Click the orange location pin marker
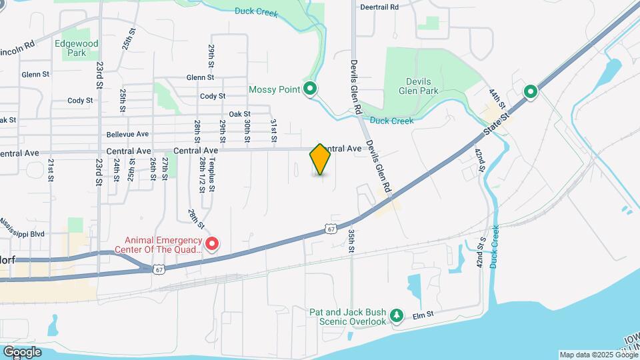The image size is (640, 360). (x=320, y=159)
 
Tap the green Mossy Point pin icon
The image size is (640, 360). (x=310, y=89)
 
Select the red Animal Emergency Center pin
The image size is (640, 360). (x=212, y=244)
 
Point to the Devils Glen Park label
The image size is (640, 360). (x=418, y=86)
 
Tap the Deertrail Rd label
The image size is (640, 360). (x=379, y=7)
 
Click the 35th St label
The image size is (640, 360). (x=351, y=241)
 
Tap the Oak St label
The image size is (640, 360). (x=239, y=115)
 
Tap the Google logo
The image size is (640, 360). (x=22, y=352)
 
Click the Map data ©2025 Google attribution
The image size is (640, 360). (x=598, y=355)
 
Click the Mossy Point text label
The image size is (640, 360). (x=274, y=89)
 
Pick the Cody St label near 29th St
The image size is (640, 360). (x=213, y=97)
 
